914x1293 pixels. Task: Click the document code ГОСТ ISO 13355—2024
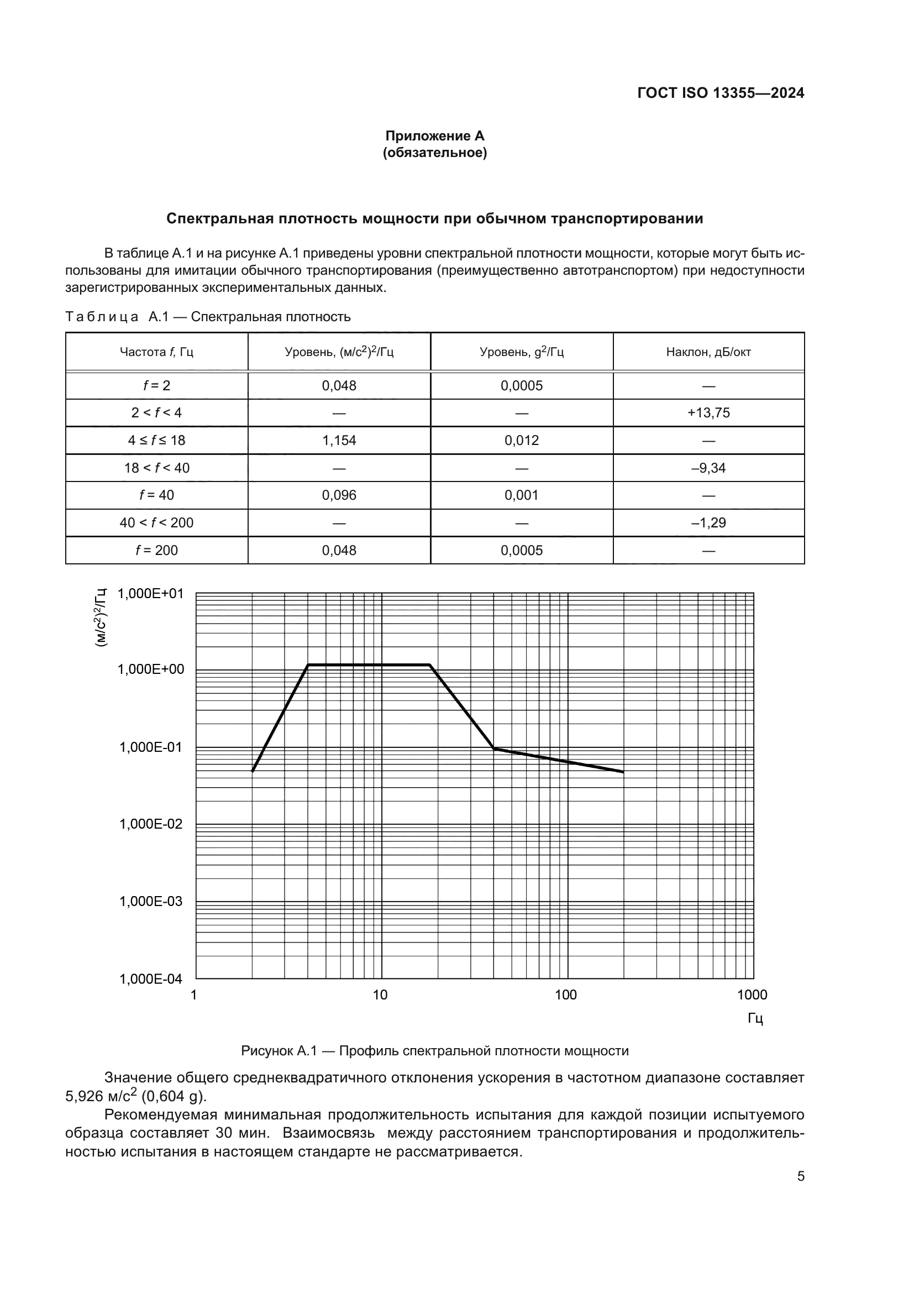tap(721, 93)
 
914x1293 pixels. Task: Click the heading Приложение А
tap(434, 136)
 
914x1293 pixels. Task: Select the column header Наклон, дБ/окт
tap(708, 352)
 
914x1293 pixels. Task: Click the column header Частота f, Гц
tap(156, 352)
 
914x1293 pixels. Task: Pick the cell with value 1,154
tap(339, 441)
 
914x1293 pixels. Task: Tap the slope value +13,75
tap(708, 413)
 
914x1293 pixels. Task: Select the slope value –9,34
tap(708, 468)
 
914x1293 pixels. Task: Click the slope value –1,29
tap(708, 522)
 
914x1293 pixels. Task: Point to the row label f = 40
tap(156, 495)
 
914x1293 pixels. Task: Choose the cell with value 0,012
tap(521, 441)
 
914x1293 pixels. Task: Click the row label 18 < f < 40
tap(156, 468)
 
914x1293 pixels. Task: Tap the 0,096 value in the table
tap(339, 495)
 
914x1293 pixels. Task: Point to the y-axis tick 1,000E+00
tap(151, 669)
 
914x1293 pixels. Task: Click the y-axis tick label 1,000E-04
tap(151, 979)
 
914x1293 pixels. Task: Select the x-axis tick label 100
tap(566, 994)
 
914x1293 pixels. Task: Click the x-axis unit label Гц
tap(755, 1018)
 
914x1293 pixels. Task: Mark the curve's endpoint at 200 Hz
tap(623, 772)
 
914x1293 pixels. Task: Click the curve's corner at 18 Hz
tap(430, 665)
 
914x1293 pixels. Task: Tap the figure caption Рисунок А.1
tap(434, 1050)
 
